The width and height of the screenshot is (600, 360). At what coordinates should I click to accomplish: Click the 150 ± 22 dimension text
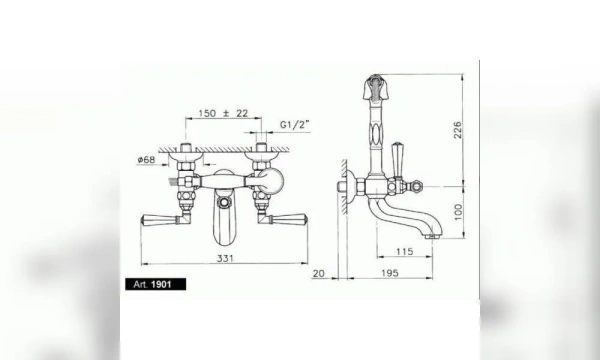point(223,113)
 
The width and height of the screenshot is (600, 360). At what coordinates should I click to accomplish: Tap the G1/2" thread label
point(294,125)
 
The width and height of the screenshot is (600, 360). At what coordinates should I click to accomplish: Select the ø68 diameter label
point(146,159)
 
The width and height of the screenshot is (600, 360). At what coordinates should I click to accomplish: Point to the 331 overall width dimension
point(225,258)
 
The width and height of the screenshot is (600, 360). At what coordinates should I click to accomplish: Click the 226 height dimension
point(458,130)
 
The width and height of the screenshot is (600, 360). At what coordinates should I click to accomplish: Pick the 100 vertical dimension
point(458,212)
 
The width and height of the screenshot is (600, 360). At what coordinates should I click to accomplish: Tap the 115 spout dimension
point(404,251)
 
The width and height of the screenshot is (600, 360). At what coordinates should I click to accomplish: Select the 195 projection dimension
point(390,273)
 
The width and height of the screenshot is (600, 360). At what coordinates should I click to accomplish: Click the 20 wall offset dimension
point(318,274)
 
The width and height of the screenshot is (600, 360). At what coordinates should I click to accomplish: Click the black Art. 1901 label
point(156,284)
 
